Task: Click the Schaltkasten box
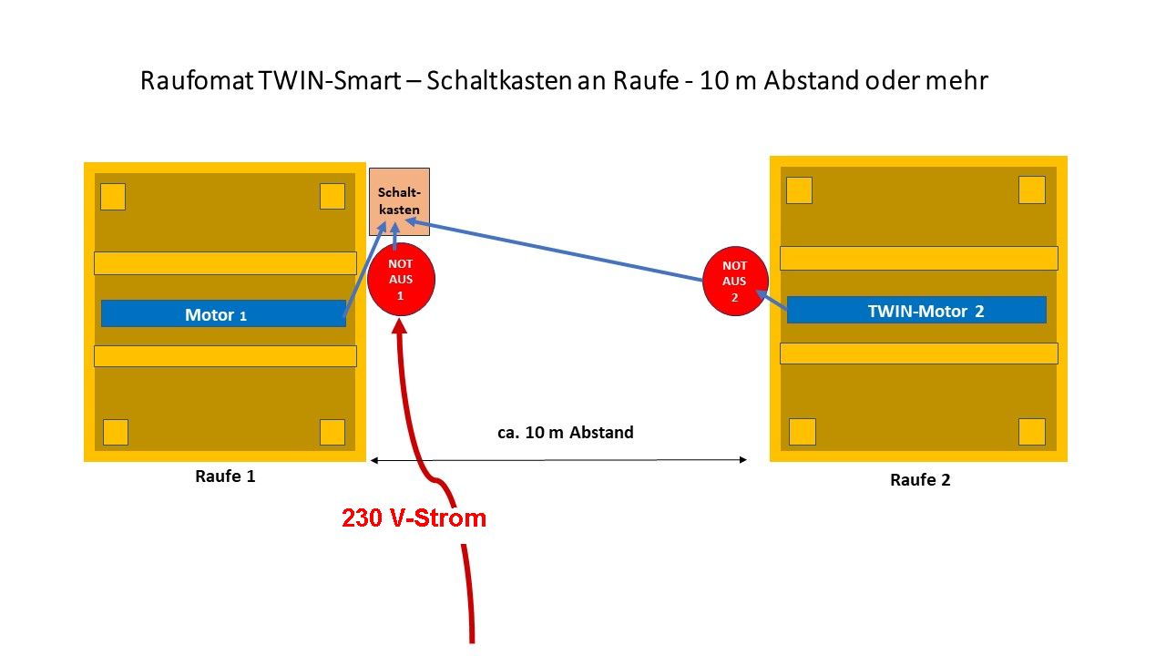click(x=399, y=201)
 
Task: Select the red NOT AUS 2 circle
click(x=735, y=281)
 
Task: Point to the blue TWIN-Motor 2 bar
click(x=916, y=310)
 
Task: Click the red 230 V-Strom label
click(x=414, y=518)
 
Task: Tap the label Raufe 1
click(x=225, y=476)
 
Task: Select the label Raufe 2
click(x=920, y=479)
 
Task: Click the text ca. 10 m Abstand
click(x=565, y=432)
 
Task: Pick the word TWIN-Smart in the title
click(x=333, y=80)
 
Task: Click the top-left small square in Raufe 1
click(x=113, y=197)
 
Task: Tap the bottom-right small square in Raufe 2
click(x=1031, y=431)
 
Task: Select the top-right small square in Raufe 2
click(x=1031, y=190)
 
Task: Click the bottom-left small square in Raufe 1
click(x=116, y=432)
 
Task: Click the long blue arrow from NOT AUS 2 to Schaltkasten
click(x=556, y=251)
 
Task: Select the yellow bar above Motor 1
click(x=225, y=263)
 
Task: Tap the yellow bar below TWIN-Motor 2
click(x=918, y=353)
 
